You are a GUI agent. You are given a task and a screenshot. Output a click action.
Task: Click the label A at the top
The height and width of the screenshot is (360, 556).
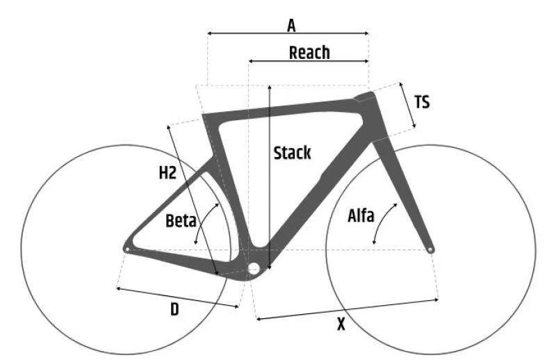click(291, 26)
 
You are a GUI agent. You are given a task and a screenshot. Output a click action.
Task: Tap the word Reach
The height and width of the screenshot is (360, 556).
click(309, 53)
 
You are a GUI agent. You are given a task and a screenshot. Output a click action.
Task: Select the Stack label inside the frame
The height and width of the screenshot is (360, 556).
click(292, 153)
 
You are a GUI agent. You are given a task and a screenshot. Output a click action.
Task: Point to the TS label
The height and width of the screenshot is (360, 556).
click(422, 102)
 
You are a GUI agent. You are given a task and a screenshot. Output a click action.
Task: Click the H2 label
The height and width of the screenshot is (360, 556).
click(167, 173)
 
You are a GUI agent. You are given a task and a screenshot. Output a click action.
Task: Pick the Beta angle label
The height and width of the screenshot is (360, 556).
click(181, 220)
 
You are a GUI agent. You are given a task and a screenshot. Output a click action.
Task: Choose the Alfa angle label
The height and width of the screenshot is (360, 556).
click(361, 215)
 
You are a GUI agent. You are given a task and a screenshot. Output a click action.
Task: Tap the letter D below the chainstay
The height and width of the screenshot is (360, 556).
click(174, 310)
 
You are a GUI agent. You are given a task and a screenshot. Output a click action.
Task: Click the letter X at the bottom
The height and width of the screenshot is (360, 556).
click(341, 324)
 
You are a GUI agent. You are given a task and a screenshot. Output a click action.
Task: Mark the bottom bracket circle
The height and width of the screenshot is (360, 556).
click(254, 268)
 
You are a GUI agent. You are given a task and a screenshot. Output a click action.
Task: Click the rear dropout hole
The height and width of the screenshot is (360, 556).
click(127, 249)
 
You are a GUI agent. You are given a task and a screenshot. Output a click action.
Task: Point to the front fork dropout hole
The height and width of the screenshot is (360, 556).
click(430, 250)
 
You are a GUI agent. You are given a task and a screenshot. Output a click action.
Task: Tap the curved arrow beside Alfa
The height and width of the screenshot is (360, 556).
click(380, 221)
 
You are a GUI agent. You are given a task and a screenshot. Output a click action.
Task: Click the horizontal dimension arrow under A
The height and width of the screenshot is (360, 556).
click(288, 33)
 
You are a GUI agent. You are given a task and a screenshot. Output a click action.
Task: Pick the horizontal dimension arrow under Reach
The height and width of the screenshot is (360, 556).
click(309, 61)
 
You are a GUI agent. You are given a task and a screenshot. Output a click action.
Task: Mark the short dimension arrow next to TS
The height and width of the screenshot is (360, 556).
click(408, 105)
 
